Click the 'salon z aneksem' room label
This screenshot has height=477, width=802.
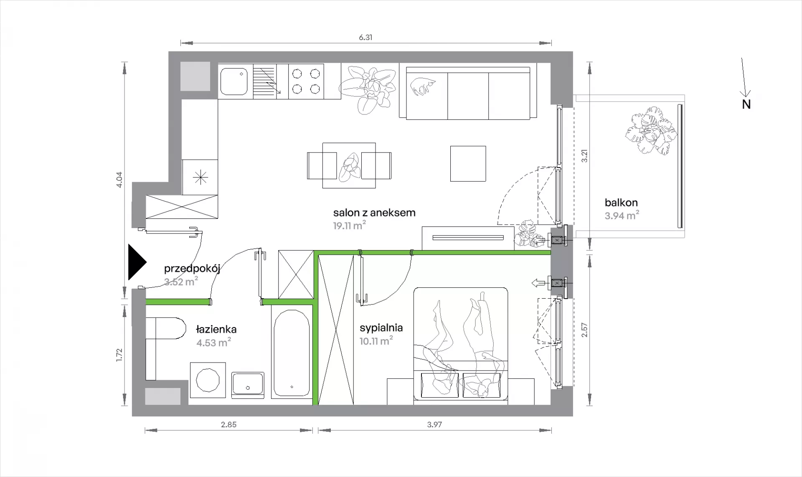pos(374,213)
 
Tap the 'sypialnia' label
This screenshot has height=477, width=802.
pos(381,328)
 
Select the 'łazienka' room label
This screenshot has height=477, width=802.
pos(216,329)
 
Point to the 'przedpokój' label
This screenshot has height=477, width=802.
pos(192,269)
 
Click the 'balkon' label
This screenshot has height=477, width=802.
pos(621,203)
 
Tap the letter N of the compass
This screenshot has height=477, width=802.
pos(746,104)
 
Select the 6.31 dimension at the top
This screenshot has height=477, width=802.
pos(365,37)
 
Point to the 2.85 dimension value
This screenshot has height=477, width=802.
pos(228,425)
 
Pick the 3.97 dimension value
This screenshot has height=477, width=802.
pos(434,425)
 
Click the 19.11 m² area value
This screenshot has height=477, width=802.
pos(350,226)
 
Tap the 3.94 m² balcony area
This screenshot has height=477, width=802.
pos(622,216)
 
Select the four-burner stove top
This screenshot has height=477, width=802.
pos(306,81)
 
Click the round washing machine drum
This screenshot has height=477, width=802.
pos(208,380)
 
